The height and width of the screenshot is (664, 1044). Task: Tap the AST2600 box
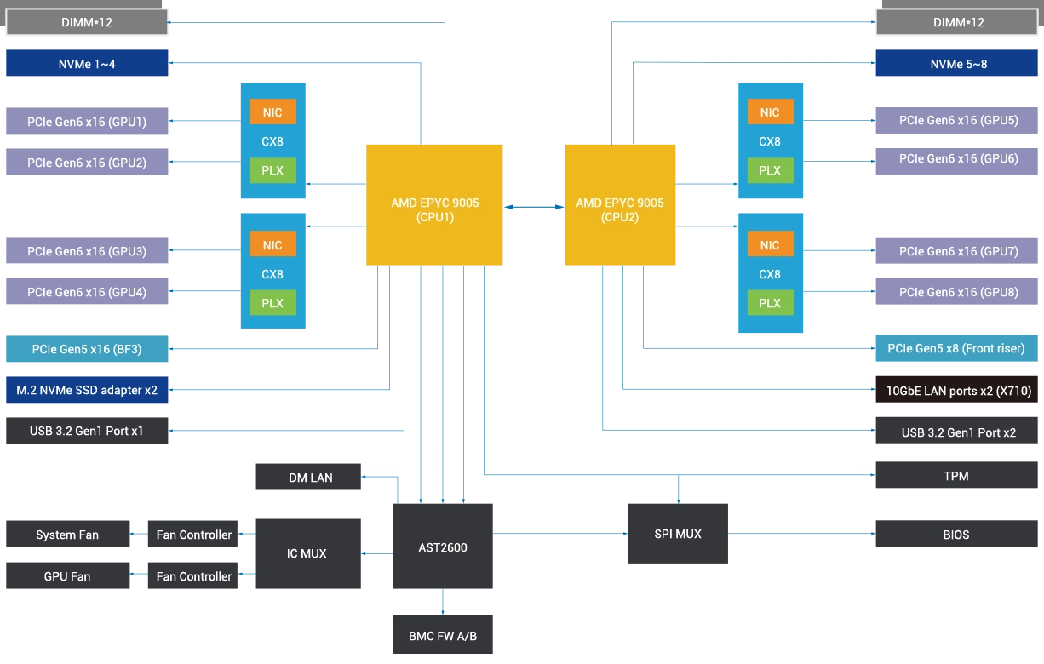pos(443,546)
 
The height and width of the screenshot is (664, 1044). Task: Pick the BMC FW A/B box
pos(443,635)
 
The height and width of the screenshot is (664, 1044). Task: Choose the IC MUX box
pos(307,554)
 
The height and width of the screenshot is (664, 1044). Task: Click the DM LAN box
pos(310,478)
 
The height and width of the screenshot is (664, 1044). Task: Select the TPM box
pos(956,475)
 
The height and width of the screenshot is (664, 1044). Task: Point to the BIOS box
pos(956,535)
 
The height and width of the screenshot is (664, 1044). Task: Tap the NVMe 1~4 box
pos(87,64)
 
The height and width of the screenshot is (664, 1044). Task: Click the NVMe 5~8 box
pos(958,64)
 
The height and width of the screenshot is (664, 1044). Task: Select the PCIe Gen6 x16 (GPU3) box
pos(87,251)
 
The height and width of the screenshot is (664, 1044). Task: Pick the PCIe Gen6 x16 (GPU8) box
pos(958,292)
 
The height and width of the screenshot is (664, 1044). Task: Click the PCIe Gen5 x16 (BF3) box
pos(87,349)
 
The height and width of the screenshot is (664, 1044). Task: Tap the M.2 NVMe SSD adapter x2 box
pos(87,390)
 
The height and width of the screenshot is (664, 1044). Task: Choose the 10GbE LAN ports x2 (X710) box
pos(958,391)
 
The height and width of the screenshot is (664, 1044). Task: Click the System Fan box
pos(67,535)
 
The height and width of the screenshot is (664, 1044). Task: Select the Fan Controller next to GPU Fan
pos(193,576)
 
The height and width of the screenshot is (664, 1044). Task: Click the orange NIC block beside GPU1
pos(272,112)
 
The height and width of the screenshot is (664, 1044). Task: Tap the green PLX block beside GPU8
pos(769,303)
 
